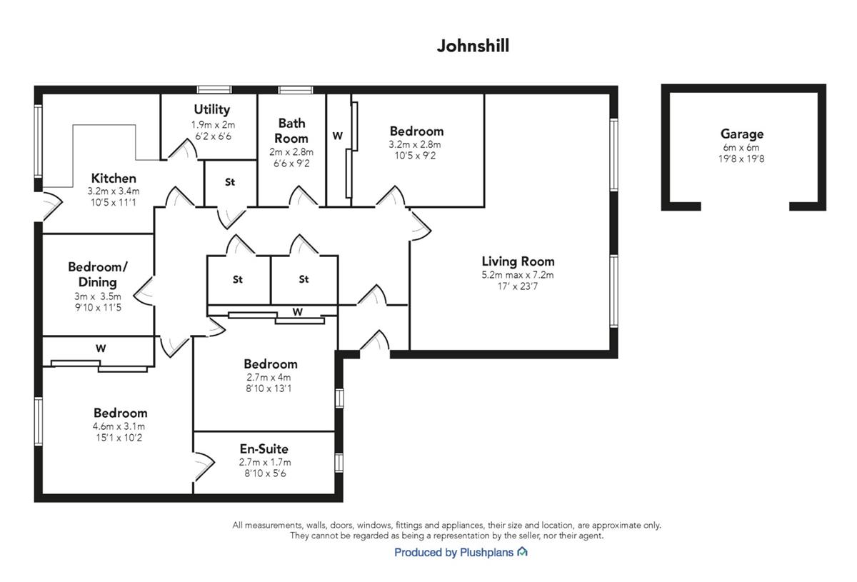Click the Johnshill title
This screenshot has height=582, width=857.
tap(473, 46)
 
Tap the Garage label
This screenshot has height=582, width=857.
tap(742, 134)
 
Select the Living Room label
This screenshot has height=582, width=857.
tap(518, 261)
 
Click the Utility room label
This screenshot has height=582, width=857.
tap(212, 109)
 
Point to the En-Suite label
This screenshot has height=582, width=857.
tap(264, 448)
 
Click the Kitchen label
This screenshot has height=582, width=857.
tap(114, 178)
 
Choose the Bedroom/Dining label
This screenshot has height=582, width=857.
tap(98, 274)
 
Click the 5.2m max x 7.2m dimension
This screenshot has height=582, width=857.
tap(518, 275)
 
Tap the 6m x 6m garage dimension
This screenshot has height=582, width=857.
tap(741, 147)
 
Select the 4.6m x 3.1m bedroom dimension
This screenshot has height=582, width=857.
tap(119, 426)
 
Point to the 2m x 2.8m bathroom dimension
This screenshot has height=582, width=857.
tap(291, 152)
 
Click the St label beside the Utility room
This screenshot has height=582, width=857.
tap(230, 182)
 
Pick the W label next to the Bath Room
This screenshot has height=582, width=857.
tap(337, 136)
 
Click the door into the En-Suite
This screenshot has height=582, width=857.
tap(204, 467)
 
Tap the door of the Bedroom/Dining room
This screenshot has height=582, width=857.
tap(144, 291)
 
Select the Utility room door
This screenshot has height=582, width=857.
tap(183, 150)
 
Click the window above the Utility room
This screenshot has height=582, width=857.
tap(214, 90)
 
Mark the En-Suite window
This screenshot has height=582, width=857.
tap(339, 462)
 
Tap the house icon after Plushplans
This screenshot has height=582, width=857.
tap(522, 551)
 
